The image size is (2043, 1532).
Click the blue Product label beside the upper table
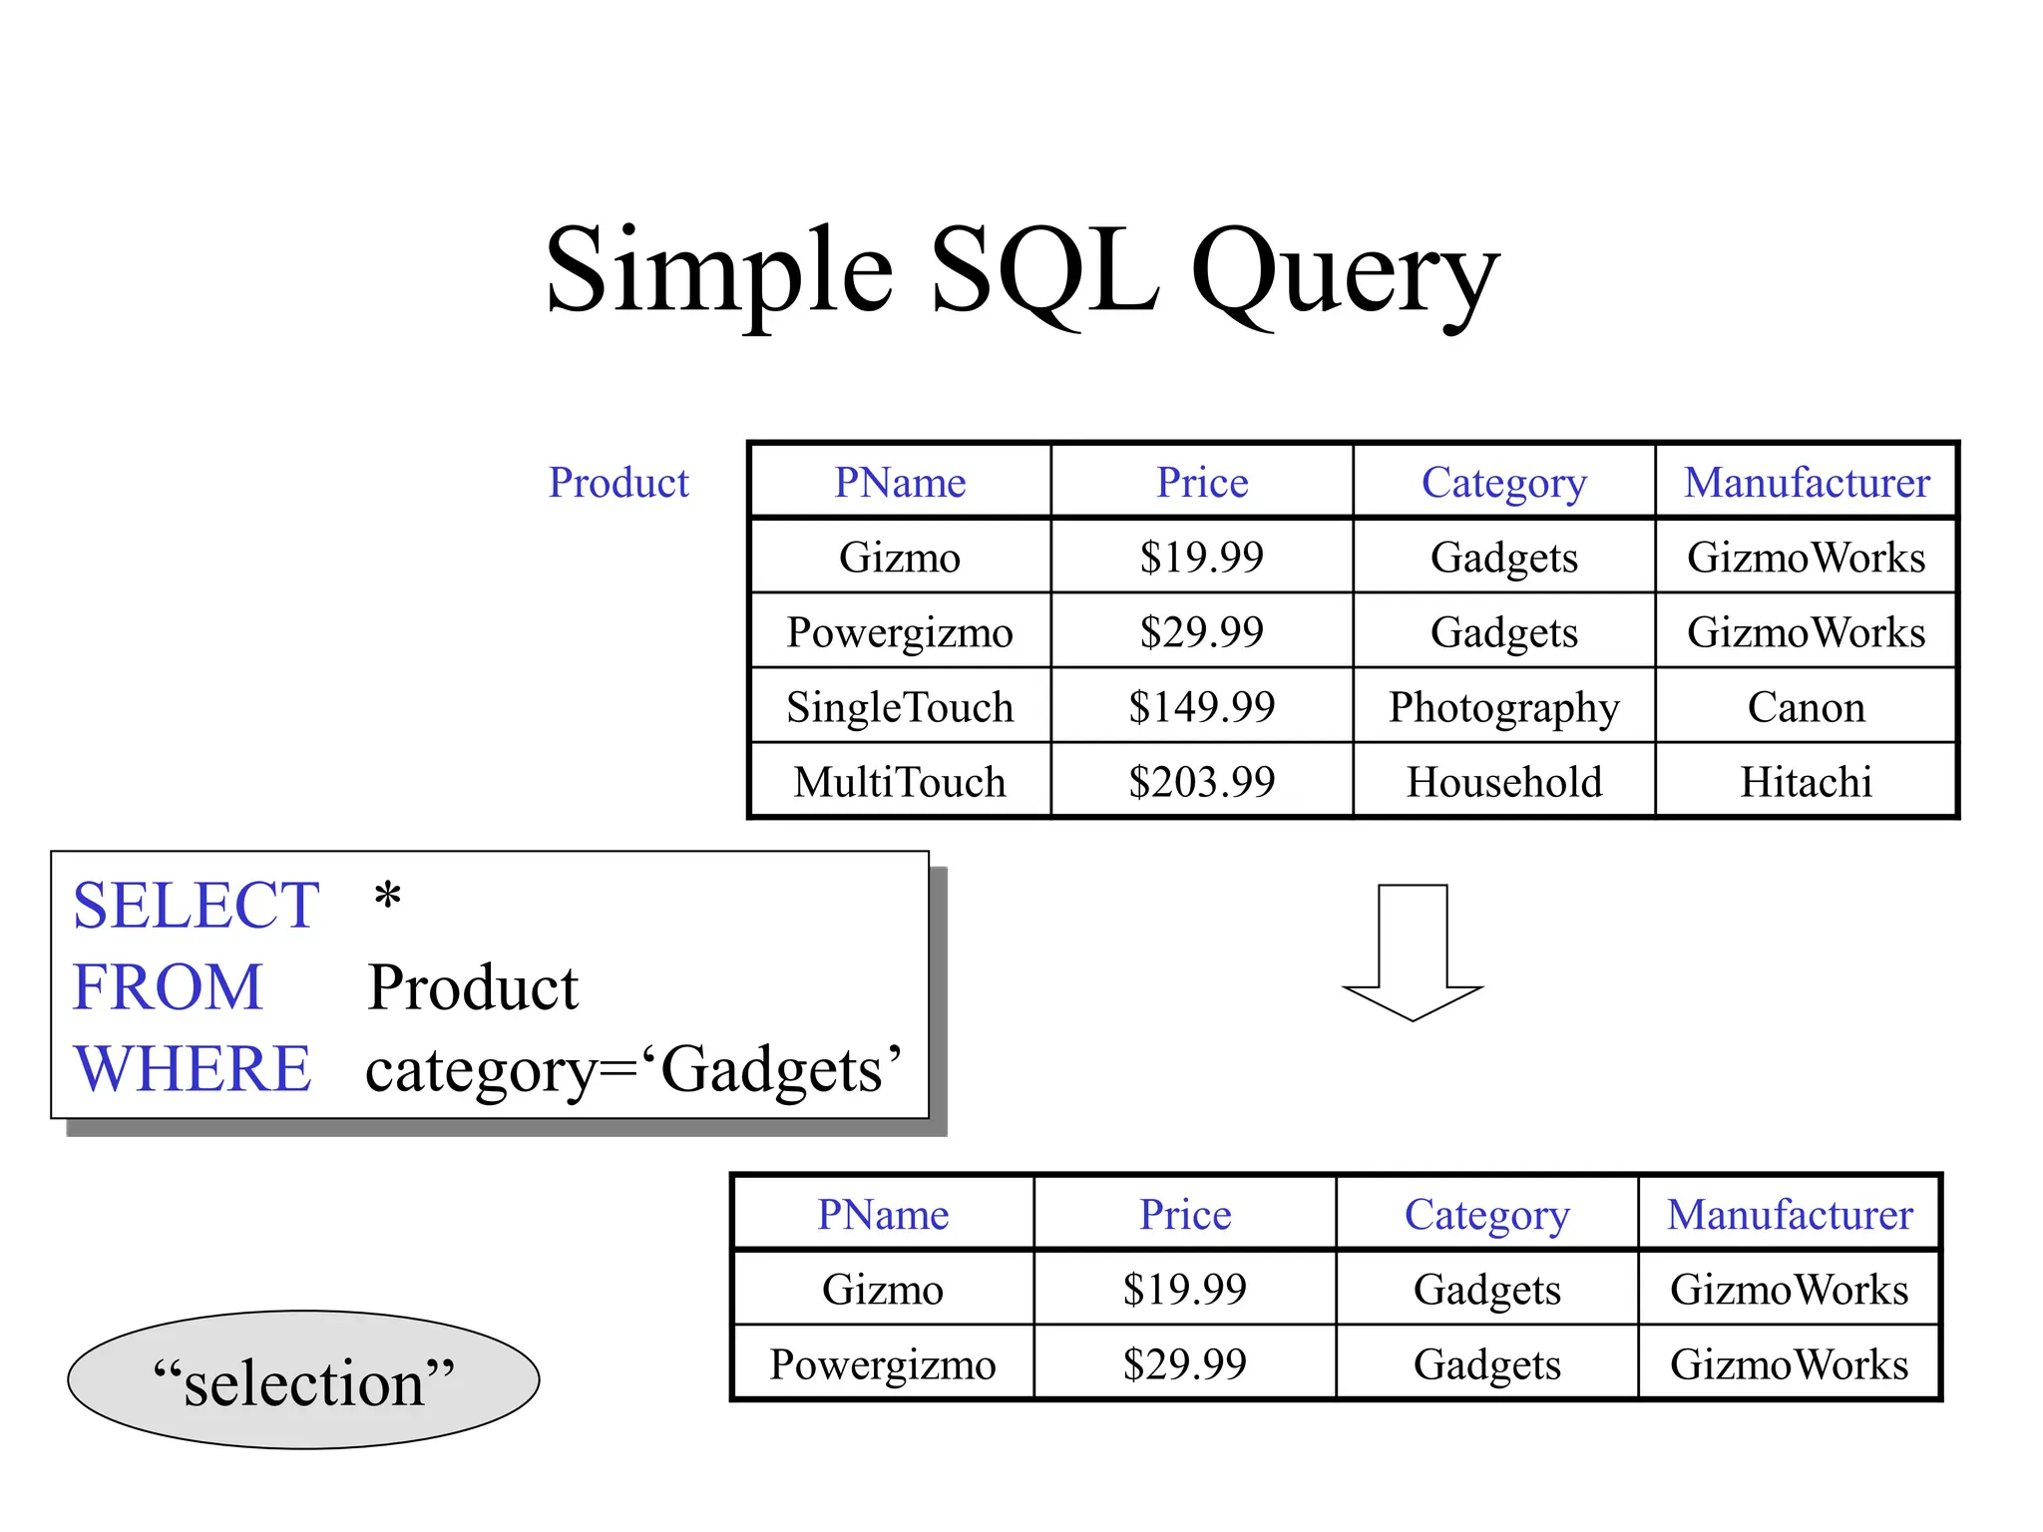tap(618, 483)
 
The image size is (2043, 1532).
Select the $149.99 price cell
tap(1201, 707)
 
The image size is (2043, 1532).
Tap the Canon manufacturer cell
tap(1806, 707)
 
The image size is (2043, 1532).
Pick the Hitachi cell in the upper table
tap(1806, 782)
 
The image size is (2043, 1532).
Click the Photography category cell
tap(1503, 707)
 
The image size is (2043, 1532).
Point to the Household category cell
tap(1503, 782)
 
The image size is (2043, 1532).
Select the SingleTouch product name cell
tap(900, 707)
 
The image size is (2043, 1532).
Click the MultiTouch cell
tap(900, 782)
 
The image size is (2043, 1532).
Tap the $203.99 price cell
tap(1201, 782)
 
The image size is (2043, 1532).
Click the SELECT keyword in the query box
tap(196, 906)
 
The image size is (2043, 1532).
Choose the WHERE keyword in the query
tap(193, 1069)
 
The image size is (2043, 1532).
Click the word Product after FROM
tap(473, 988)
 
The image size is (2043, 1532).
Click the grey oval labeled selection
tap(303, 1380)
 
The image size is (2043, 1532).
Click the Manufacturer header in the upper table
tap(1807, 483)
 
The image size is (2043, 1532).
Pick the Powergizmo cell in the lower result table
tap(883, 1364)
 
